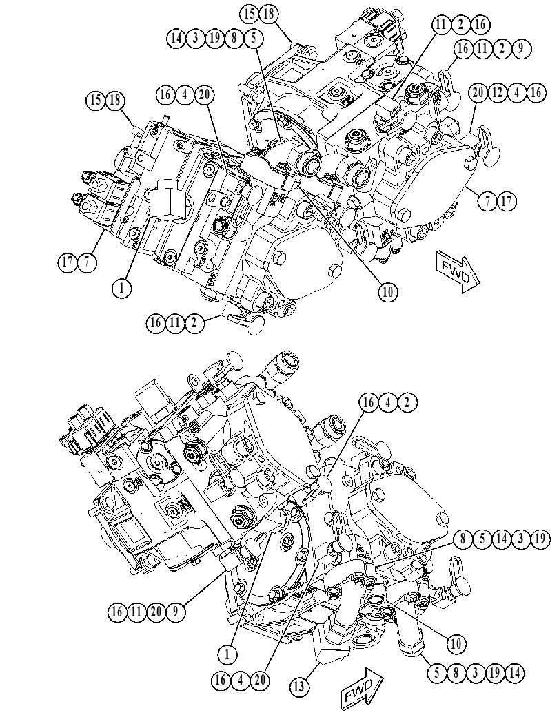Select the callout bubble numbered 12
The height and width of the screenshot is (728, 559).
tap(497, 92)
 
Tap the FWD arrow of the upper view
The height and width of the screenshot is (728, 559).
tap(458, 272)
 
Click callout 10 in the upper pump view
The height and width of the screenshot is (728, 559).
tap(388, 292)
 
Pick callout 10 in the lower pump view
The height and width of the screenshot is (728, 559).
tap(456, 643)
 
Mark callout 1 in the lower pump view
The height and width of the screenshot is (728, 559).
tap(227, 654)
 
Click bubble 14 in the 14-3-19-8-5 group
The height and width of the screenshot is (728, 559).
tap(176, 38)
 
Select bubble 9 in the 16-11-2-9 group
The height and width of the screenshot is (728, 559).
tap(521, 48)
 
